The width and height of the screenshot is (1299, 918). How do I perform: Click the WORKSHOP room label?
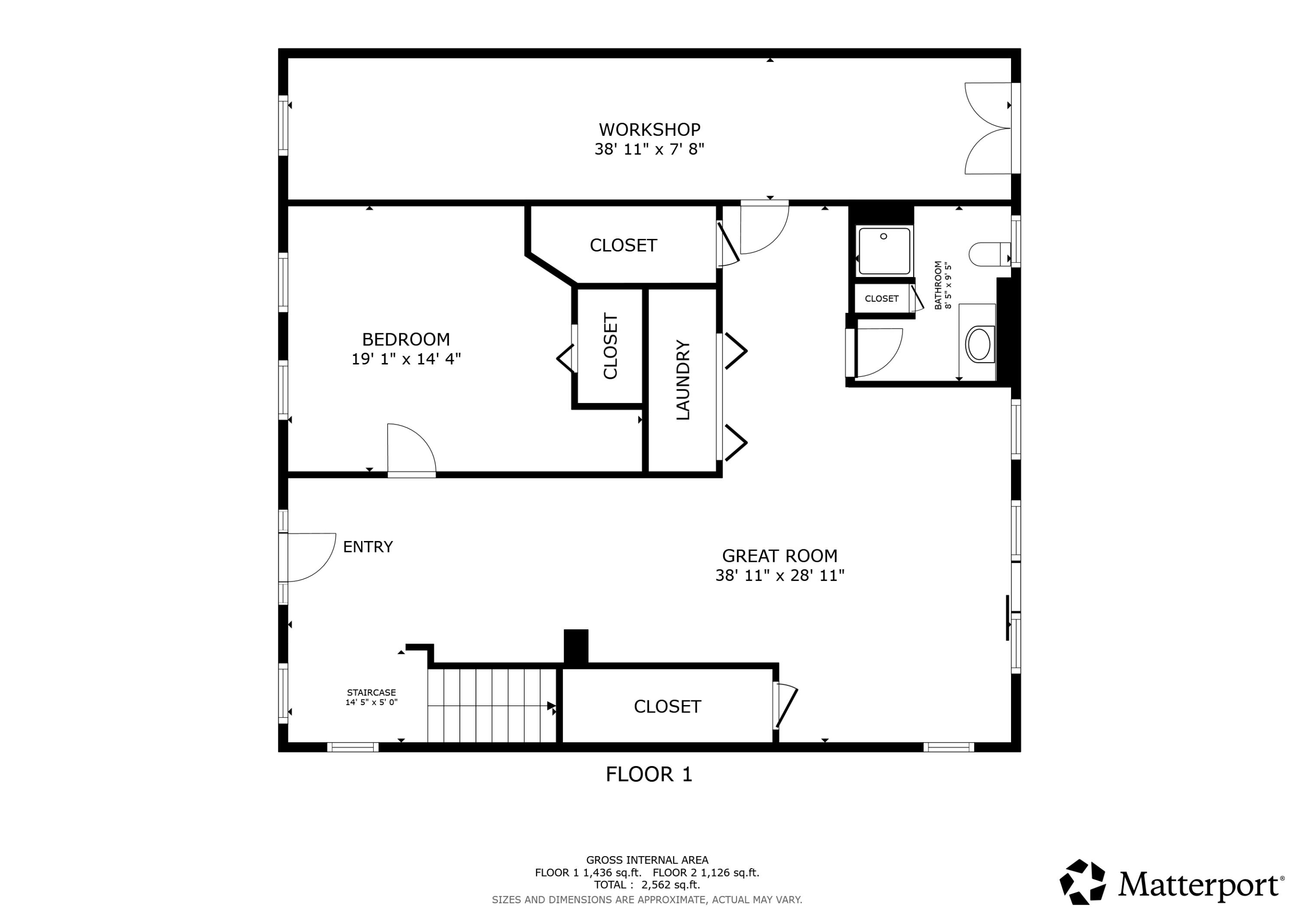coord(649,129)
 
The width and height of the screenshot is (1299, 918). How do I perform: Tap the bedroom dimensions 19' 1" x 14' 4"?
coord(406,359)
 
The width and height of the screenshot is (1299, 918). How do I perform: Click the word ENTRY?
coord(368,546)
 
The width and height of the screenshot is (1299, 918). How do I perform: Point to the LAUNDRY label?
coord(683,380)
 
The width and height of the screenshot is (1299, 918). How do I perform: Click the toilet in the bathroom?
coord(988,254)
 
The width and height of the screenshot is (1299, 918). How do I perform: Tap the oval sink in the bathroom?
coord(979,343)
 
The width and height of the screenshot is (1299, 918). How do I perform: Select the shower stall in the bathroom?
coord(884,251)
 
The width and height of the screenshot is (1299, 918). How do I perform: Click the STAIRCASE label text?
coord(371,693)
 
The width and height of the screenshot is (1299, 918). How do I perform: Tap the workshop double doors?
coord(987,129)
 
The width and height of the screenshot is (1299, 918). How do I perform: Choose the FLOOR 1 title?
coord(649,774)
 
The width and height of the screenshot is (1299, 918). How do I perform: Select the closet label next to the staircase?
coord(667,706)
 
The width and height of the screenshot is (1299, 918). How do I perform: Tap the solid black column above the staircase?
coord(576,646)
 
